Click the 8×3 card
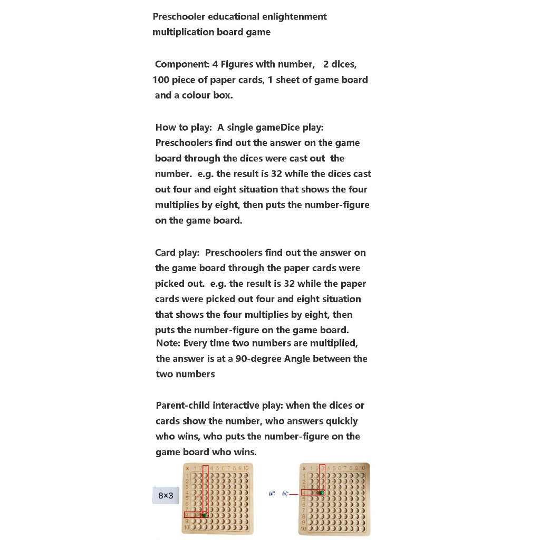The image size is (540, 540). pos(166,496)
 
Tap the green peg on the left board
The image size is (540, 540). pos(205,515)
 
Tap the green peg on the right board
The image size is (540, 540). pos(322,493)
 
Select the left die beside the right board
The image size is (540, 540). pos(272,494)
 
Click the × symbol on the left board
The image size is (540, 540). pos(187,468)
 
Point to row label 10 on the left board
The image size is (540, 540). pos(187,527)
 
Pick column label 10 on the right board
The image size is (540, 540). pos(362,468)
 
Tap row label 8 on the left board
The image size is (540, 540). pos(187,515)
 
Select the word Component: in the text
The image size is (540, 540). pos(182,64)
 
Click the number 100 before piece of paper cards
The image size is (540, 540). pos(161,80)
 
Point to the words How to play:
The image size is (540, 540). pos(184,127)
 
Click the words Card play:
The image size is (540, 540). pos(177,253)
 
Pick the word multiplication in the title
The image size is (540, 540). pos(184,32)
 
